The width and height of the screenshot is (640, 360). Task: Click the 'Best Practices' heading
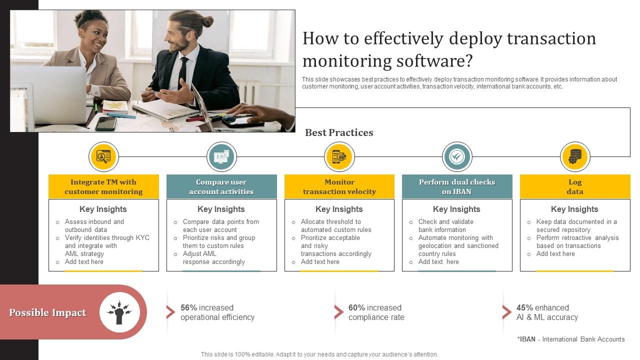[x=339, y=132]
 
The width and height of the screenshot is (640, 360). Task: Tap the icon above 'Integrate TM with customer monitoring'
[x=103, y=156]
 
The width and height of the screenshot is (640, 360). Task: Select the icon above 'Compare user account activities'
[x=221, y=156]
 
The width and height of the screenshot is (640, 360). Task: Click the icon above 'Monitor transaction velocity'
[x=339, y=156]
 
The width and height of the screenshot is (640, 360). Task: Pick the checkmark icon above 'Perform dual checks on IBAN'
[x=457, y=156]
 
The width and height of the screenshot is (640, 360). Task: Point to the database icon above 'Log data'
[x=575, y=156]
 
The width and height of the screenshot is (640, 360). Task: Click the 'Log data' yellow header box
[x=575, y=186]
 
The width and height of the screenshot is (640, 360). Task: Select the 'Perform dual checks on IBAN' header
[x=457, y=186]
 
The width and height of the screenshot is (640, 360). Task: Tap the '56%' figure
[x=189, y=308]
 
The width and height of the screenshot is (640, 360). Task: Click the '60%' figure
[x=357, y=308]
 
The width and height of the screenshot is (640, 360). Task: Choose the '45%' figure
[x=524, y=308]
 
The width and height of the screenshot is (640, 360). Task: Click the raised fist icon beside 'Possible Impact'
[x=119, y=312]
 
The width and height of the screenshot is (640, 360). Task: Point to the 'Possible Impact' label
[x=47, y=313]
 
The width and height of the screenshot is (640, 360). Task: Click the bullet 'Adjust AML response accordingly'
[x=213, y=257]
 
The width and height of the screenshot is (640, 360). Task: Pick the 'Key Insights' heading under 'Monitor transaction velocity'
[x=339, y=209]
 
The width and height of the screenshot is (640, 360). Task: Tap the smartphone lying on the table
[x=106, y=123]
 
